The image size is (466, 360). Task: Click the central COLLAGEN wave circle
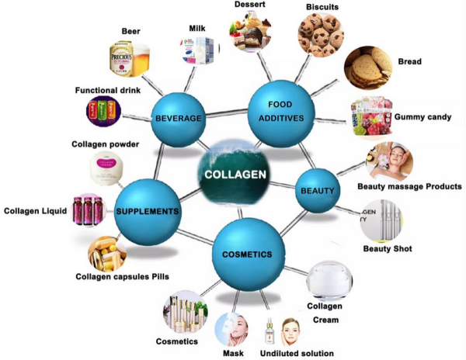(235, 173)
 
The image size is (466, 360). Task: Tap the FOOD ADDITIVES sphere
(281, 114)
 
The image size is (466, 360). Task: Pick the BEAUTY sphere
(318, 191)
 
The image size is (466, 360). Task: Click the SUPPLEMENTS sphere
(148, 212)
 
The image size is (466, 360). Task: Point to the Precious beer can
(121, 59)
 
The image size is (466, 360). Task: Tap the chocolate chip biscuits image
(321, 35)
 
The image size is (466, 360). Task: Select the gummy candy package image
(371, 116)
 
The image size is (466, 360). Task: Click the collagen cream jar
(329, 280)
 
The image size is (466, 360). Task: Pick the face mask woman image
(231, 330)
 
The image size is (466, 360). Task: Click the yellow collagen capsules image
(107, 254)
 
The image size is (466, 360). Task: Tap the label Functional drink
(108, 90)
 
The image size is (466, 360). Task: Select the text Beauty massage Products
(409, 186)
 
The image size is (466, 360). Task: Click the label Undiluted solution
(297, 353)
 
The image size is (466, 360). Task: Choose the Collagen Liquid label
(36, 211)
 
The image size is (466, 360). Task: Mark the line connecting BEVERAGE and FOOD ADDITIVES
(227, 112)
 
